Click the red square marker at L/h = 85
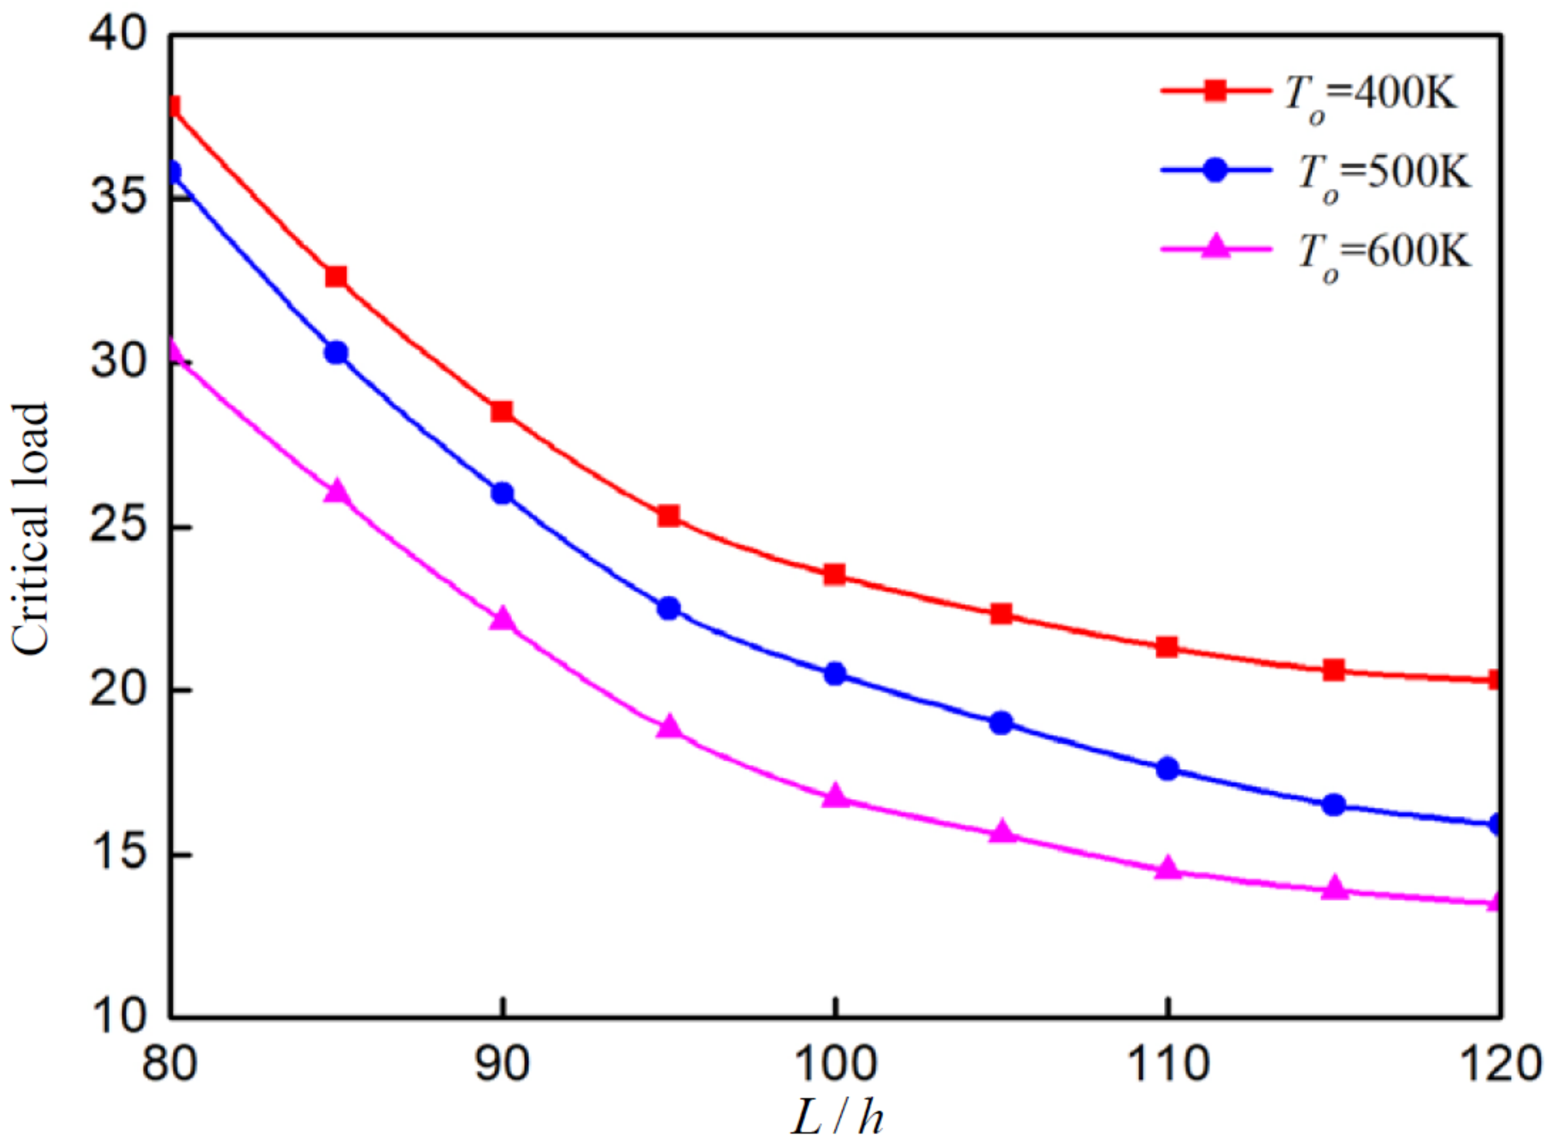point(336,277)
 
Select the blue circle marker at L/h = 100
point(835,674)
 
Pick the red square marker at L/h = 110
point(1167,647)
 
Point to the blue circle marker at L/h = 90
point(502,493)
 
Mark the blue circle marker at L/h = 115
point(1333,805)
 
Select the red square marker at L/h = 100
point(835,575)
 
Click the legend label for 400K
point(1371,94)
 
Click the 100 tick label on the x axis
point(835,1064)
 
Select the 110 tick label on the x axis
point(1167,1064)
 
